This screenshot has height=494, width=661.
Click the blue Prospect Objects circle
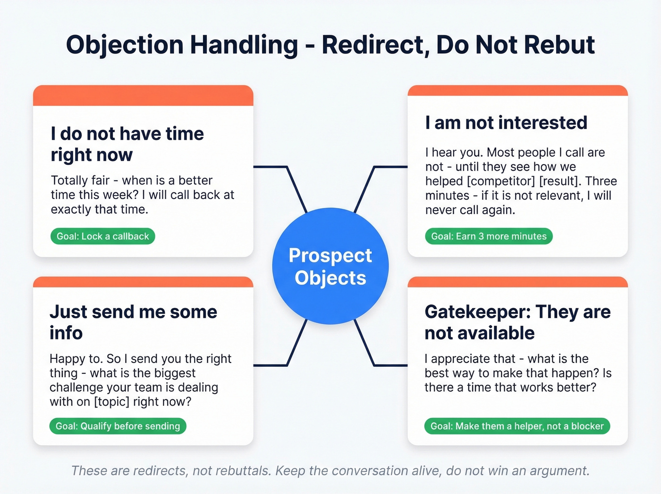(x=330, y=266)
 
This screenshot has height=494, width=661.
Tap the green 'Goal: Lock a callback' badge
(x=102, y=236)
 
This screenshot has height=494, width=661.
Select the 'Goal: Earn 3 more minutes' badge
(x=489, y=236)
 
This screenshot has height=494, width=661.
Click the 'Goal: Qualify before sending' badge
(x=118, y=426)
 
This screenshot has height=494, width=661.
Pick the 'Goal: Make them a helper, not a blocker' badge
(x=517, y=426)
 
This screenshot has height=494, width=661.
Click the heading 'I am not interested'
(x=506, y=123)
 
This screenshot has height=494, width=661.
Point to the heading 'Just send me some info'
(x=133, y=322)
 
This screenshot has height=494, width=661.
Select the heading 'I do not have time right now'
(x=127, y=144)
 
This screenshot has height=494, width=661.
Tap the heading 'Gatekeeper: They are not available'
(x=517, y=322)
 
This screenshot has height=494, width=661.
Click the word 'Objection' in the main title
(x=125, y=45)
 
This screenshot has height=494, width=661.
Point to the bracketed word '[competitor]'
(x=504, y=181)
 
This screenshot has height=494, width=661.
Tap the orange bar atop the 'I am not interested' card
(x=517, y=91)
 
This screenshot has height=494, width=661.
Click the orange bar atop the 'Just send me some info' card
(x=143, y=282)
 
